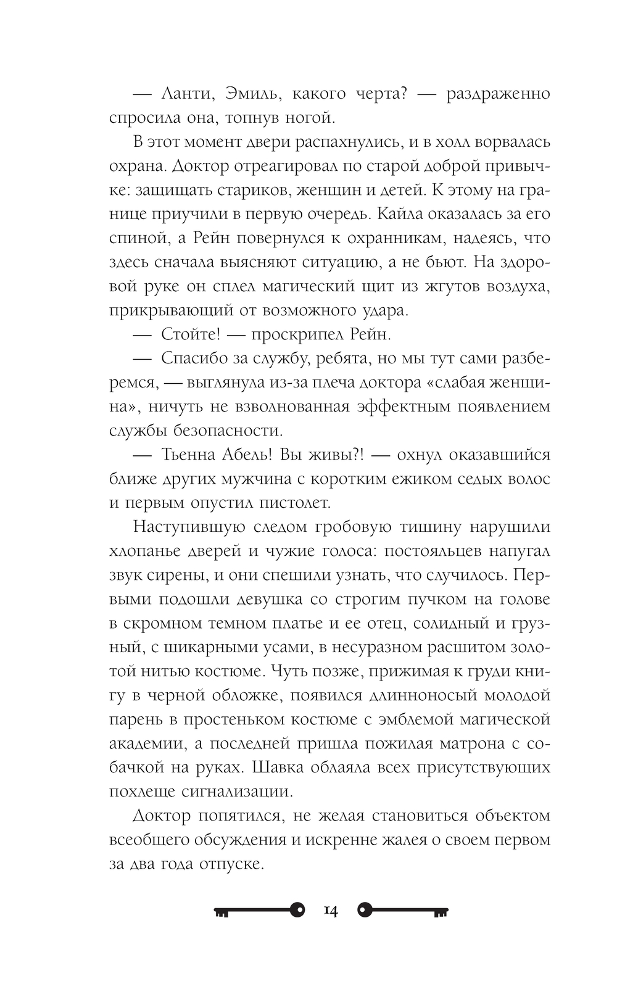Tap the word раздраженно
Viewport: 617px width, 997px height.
[497, 94]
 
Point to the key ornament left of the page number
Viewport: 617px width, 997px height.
[260, 911]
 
